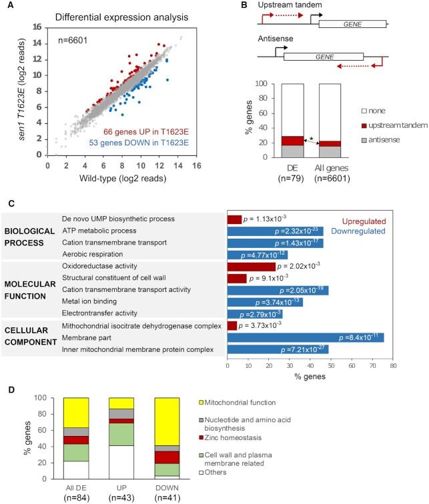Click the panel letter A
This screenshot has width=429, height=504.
(6, 6)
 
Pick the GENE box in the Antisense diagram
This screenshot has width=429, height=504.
(323, 57)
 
